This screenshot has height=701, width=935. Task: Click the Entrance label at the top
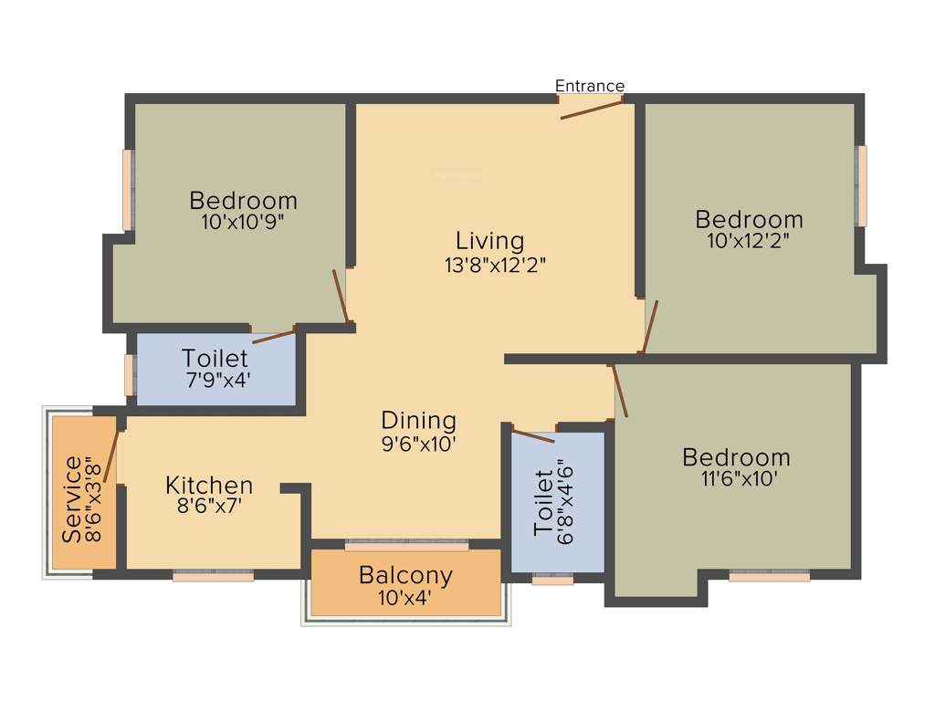tap(590, 86)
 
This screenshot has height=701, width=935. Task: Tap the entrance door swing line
tap(592, 109)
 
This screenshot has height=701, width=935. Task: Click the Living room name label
tap(490, 241)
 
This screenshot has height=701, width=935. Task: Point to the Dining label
tap(418, 421)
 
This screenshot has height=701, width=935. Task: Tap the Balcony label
tap(405, 576)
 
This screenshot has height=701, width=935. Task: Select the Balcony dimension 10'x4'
tap(405, 599)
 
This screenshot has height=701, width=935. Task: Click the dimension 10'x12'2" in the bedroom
tap(749, 241)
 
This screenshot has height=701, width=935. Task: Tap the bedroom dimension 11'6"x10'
tap(736, 479)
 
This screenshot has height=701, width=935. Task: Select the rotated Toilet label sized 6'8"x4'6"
tap(544, 502)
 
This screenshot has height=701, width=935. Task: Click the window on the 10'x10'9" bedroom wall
tap(129, 190)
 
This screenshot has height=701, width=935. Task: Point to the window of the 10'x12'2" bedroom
tap(860, 185)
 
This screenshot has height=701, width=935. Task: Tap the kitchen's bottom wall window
tap(214, 576)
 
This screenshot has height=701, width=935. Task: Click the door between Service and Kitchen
tap(111, 454)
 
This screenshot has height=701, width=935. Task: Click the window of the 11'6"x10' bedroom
tap(769, 576)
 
